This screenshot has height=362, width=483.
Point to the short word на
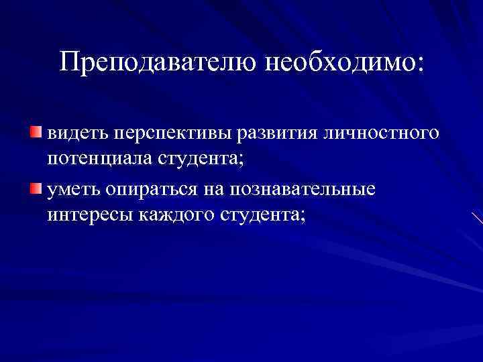point(215,191)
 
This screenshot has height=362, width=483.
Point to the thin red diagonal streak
point(476,217)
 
